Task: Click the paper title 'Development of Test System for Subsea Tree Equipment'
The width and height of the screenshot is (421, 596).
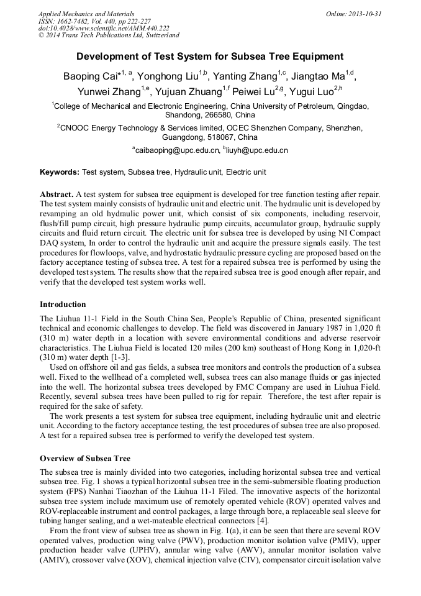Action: point(210,57)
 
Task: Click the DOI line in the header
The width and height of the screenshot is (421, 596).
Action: point(103,28)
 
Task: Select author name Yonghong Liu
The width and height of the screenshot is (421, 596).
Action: point(167,77)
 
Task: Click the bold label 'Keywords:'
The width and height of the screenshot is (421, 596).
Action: point(60,172)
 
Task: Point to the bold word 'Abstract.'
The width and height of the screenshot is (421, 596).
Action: point(57,194)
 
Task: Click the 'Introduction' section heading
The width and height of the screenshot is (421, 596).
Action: point(63,305)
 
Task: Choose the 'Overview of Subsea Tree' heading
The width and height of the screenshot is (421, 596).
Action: point(85,459)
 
